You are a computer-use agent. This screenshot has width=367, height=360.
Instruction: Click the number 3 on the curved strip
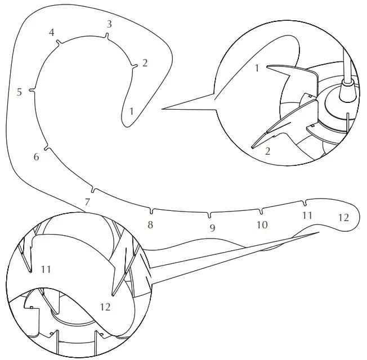[109, 24]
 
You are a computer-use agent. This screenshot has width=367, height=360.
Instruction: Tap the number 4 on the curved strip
[52, 33]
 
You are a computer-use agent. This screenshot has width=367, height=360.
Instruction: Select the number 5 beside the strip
[19, 92]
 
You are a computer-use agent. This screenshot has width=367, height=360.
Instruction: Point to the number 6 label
[37, 157]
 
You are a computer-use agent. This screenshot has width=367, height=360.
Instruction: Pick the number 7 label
[87, 201]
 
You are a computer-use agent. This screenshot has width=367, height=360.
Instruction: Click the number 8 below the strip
[150, 225]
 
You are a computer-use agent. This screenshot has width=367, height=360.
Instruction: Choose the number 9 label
[212, 228]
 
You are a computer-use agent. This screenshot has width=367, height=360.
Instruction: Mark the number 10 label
[262, 224]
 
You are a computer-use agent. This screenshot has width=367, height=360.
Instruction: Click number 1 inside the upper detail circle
[257, 69]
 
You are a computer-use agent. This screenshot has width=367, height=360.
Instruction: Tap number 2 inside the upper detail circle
[267, 151]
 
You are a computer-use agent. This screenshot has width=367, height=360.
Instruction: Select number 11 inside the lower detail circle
[46, 269]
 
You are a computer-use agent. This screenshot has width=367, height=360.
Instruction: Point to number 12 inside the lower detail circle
[105, 307]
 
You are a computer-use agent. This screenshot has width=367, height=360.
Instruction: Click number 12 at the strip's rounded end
[343, 217]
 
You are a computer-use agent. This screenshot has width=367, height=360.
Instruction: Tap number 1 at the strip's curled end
[131, 111]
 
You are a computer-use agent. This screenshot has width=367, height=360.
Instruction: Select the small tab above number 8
[151, 211]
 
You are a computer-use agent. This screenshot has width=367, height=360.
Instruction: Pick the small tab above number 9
[209, 214]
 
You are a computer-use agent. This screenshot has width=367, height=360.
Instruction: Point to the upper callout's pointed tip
[163, 109]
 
